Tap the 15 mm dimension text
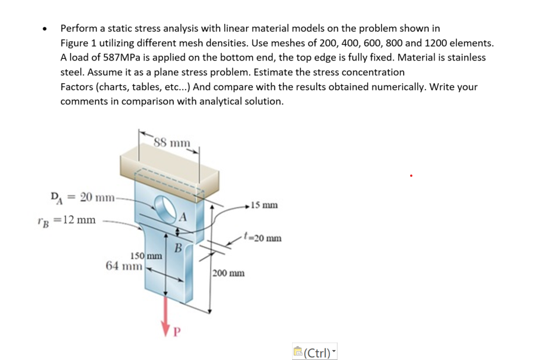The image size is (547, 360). [x=265, y=205]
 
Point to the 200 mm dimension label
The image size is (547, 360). [x=228, y=273]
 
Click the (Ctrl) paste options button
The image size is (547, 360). [x=315, y=352]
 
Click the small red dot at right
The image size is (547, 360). [x=411, y=174]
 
